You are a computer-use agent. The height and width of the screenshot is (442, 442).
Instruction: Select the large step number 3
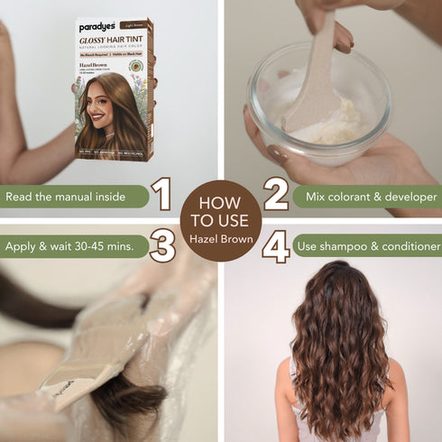coord(162,245)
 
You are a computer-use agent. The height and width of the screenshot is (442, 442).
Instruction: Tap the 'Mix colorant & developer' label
coord(370,196)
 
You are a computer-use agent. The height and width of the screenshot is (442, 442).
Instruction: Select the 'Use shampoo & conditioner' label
coord(370,245)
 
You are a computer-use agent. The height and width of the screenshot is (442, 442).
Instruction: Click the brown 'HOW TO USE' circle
coord(220,219)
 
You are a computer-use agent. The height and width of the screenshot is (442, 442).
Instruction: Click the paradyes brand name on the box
coord(97,27)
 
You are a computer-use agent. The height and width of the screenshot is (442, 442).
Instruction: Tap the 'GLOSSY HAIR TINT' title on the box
coord(114,41)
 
